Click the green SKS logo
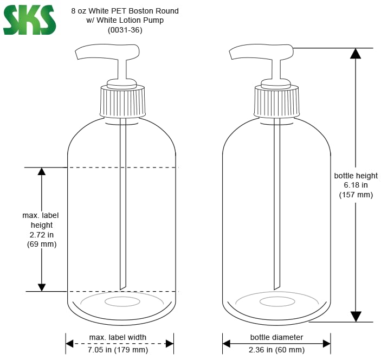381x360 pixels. pyautogui.click(x=29, y=20)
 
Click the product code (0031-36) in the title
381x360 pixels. pyautogui.click(x=125, y=30)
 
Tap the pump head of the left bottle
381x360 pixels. pyautogui.click(x=107, y=52)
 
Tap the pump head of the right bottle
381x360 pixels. pyautogui.click(x=262, y=52)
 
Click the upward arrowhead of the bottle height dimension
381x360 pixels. pyautogui.click(x=356, y=53)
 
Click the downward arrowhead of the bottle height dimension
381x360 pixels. pyautogui.click(x=356, y=316)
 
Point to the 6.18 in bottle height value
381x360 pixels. pyautogui.click(x=356, y=185)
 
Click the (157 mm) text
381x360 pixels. pyautogui.click(x=356, y=195)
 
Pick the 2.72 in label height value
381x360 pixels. pyautogui.click(x=42, y=235)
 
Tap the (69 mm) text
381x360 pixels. pyautogui.click(x=42, y=245)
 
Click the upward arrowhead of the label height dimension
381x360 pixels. pyautogui.click(x=42, y=172)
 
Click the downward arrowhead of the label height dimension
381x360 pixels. pyautogui.click(x=42, y=287)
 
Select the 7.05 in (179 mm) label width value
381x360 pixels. pyautogui.click(x=118, y=350)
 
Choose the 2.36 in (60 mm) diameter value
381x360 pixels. pyautogui.click(x=276, y=350)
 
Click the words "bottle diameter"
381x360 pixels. pyautogui.click(x=276, y=337)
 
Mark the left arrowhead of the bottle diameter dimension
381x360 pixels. pyautogui.click(x=227, y=343)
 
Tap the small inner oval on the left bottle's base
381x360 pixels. pyautogui.click(x=122, y=301)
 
